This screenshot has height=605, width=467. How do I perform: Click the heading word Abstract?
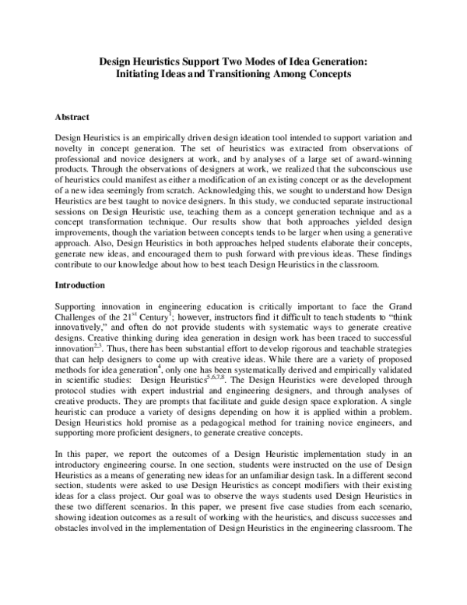[x=72, y=117]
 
